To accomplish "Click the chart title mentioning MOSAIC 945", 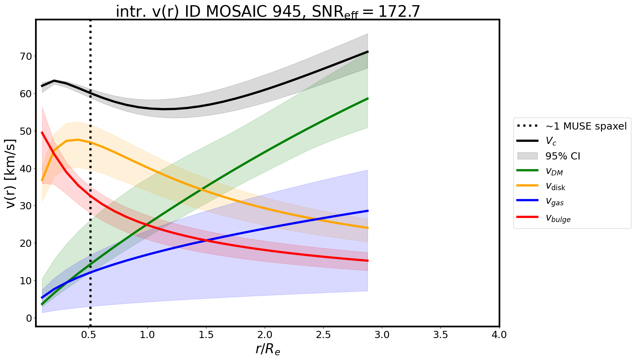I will (x=268, y=11).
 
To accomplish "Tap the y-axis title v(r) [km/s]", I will (x=11, y=173).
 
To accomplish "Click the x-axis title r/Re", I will (x=267, y=349).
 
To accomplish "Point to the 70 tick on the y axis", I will (x=26, y=56).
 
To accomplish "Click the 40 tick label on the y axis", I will (x=26, y=169).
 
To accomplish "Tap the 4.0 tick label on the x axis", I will (x=499, y=334).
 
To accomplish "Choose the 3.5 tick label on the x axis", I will (x=440, y=334).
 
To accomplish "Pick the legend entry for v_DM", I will (x=554, y=171).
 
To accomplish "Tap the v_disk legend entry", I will (x=555, y=187).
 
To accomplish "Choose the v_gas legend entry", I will (x=554, y=202).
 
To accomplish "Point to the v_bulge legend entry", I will (x=558, y=218).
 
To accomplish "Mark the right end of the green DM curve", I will (x=367, y=98).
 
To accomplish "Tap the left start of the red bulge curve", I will (x=42, y=132).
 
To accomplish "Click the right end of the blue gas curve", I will (x=367, y=210).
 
